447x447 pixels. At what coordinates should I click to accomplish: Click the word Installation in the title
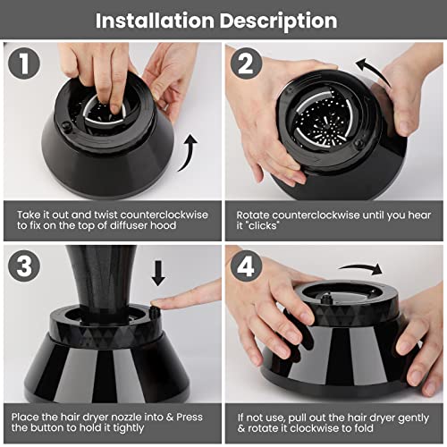click(x=155, y=21)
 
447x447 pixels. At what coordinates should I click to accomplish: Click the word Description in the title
click(x=279, y=21)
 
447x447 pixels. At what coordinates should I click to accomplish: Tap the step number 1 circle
click(x=24, y=63)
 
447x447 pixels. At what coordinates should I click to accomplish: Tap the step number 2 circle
click(x=246, y=63)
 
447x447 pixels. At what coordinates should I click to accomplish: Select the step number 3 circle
click(x=24, y=266)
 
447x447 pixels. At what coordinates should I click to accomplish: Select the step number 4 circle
click(x=246, y=266)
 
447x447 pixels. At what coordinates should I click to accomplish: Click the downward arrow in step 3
click(x=158, y=273)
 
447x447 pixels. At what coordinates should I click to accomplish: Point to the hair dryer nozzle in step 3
click(x=101, y=283)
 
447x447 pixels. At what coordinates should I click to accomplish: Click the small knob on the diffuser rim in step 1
click(x=66, y=127)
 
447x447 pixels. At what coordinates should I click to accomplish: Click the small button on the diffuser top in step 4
click(x=328, y=298)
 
